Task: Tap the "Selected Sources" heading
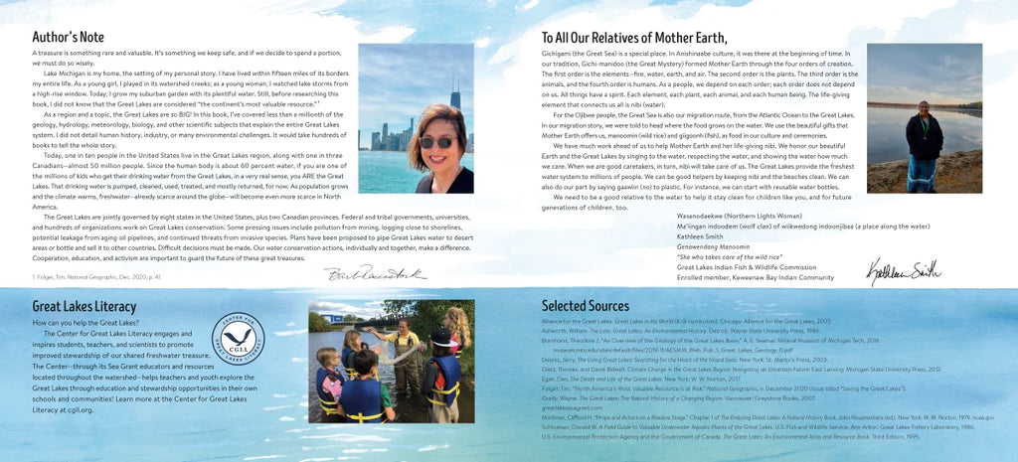coord(586,306)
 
